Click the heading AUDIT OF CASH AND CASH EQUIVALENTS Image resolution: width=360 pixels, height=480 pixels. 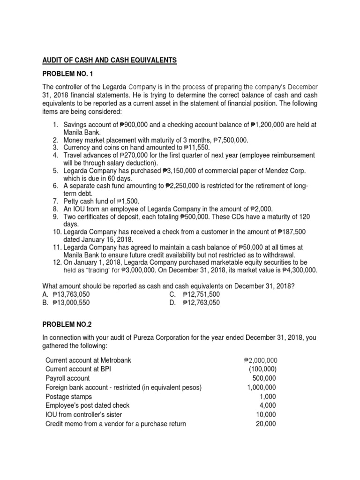110,60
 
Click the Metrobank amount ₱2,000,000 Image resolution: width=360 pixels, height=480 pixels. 261,360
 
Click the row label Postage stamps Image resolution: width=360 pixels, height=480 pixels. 69,397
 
